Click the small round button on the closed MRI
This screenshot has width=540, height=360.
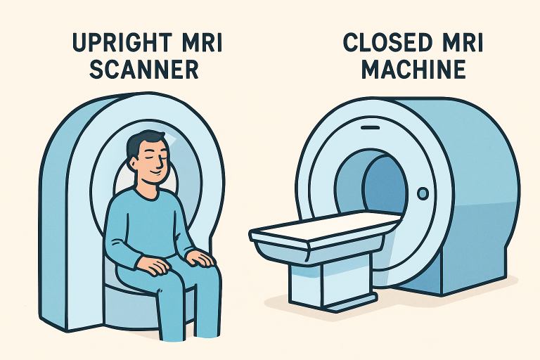423,193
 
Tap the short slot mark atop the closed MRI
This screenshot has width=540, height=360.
368,129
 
